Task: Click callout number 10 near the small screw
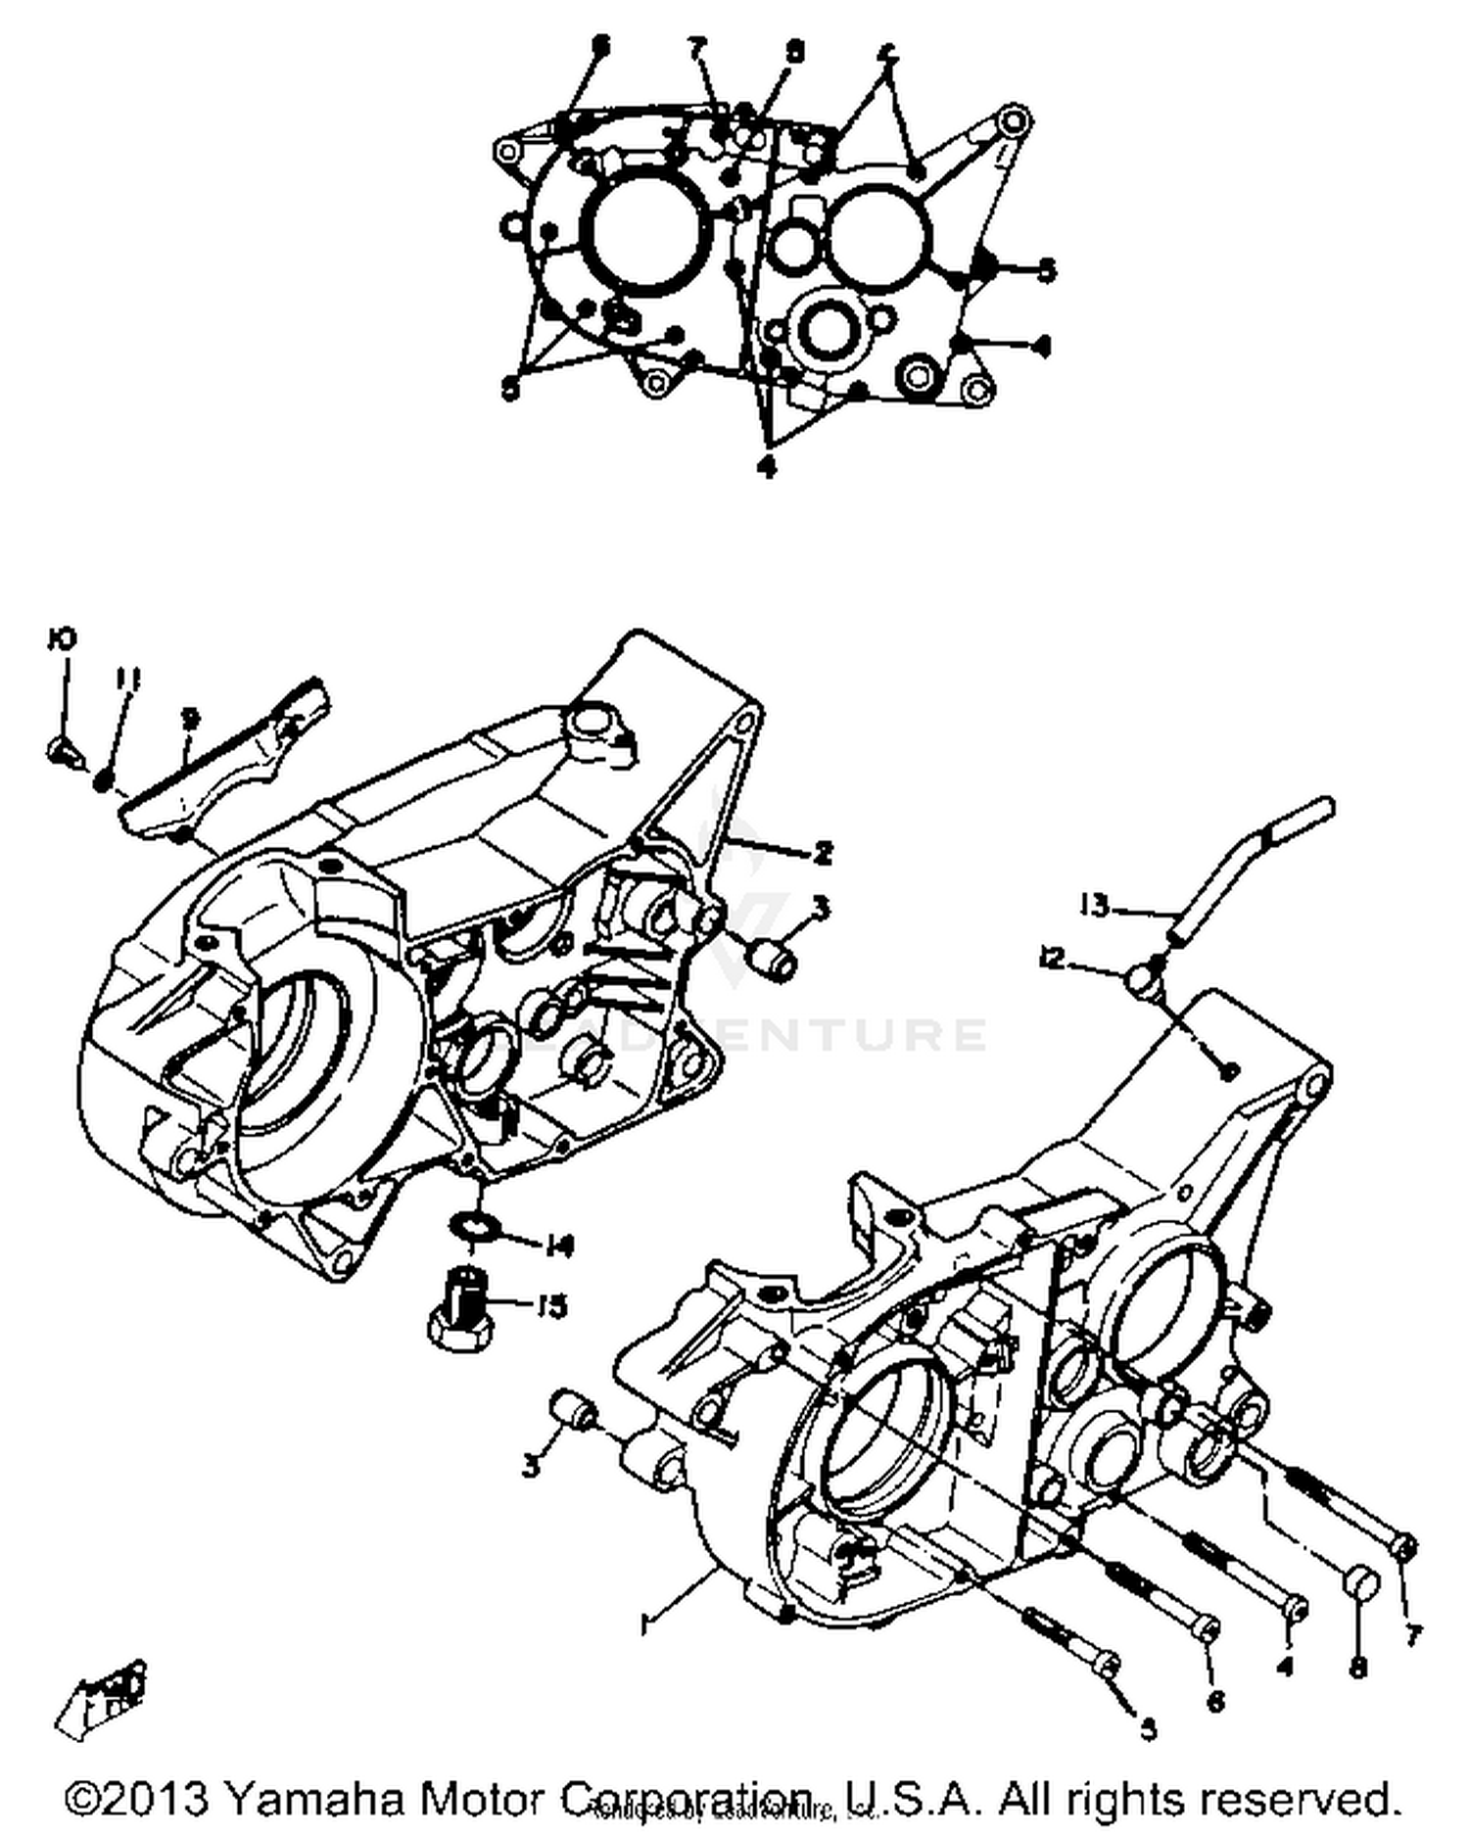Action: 62,639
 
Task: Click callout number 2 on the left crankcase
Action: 823,852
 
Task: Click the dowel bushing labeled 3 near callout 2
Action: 770,958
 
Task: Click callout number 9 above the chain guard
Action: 190,720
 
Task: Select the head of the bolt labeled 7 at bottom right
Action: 1403,1548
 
